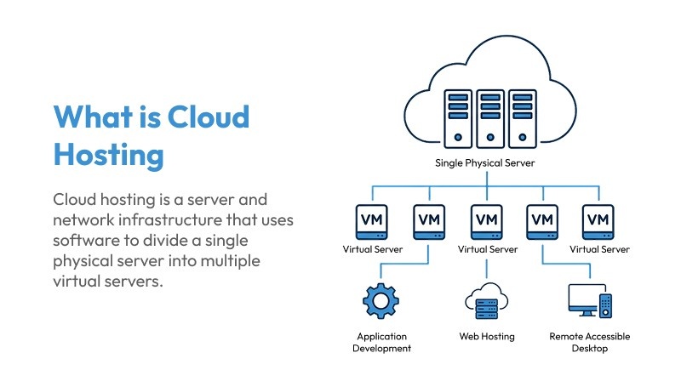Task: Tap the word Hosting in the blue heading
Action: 108,155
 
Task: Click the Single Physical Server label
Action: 486,162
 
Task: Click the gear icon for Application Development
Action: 381,302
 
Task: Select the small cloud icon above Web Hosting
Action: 487,301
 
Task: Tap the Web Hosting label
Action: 487,336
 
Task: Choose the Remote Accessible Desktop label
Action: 590,342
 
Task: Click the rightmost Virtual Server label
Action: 599,249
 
